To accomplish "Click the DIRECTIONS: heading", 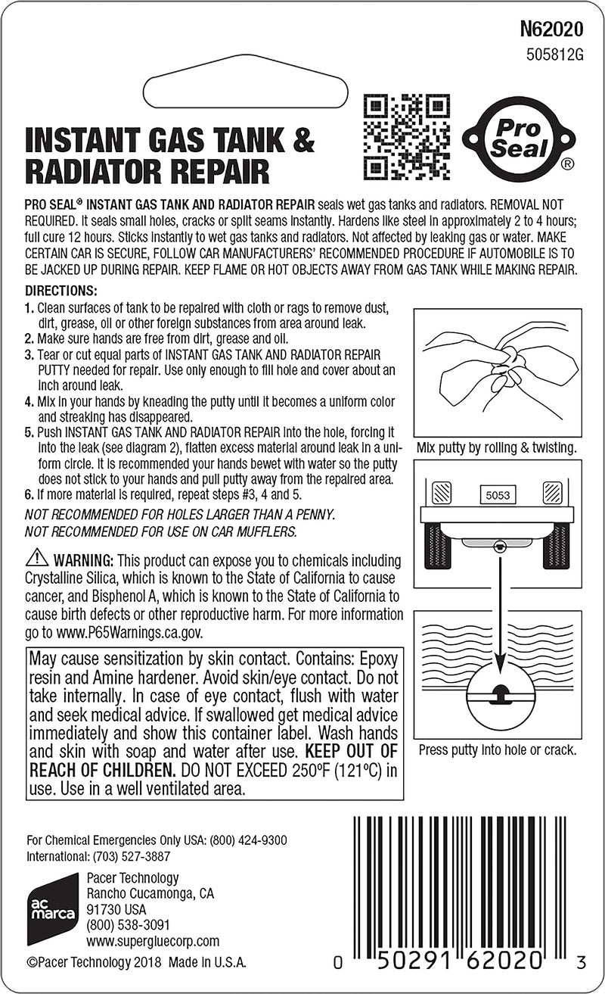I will tap(62, 291).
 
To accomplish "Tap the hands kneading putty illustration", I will tap(496, 370).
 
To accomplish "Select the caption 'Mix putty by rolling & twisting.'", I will tap(496, 448).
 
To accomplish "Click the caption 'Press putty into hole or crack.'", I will tap(497, 750).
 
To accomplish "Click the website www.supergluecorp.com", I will tap(153, 941).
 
